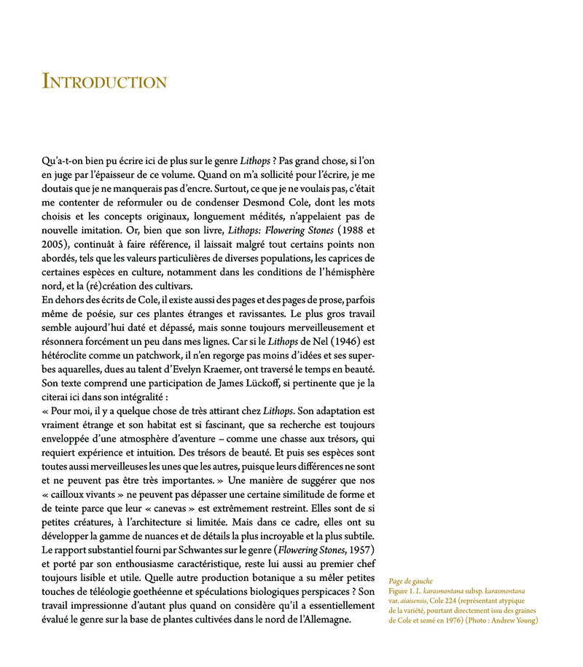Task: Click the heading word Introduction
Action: coord(105,81)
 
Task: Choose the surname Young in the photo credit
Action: coord(523,621)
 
